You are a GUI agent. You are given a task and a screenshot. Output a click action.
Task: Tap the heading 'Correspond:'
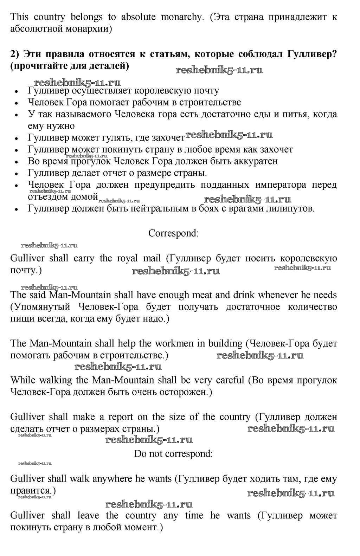[174, 233]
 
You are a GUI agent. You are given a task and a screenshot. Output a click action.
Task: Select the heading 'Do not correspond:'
[173, 454]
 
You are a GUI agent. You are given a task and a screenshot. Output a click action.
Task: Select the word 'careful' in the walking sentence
[230, 380]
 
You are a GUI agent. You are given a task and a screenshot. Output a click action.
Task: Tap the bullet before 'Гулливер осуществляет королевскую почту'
[17, 91]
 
